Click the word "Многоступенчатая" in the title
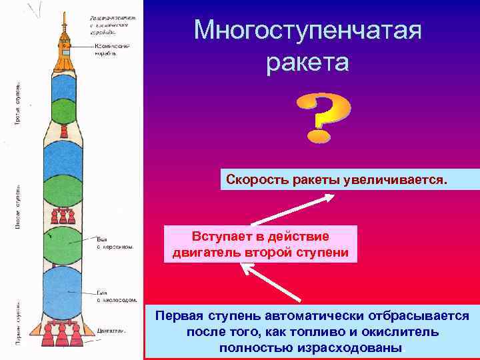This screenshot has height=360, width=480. [x=307, y=30]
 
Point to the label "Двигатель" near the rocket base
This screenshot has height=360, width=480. [x=111, y=330]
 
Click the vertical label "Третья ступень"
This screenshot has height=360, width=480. [x=18, y=103]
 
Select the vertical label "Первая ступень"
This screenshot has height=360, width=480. [x=18, y=323]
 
